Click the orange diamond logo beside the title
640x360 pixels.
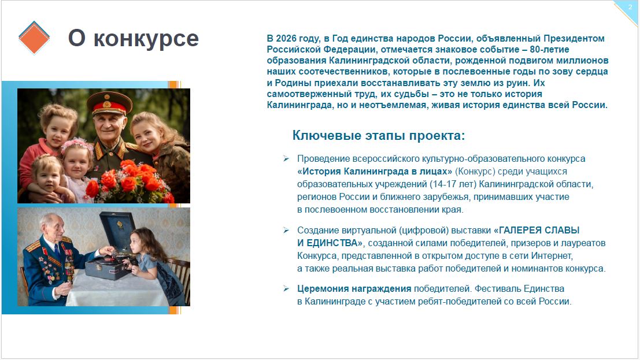[34, 38]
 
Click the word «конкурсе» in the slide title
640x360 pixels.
[146, 38]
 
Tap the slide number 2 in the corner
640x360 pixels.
[630, 7]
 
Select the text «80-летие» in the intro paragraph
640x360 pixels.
[549, 49]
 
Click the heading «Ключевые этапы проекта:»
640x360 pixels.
[378, 136]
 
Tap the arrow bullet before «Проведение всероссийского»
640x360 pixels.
[286, 158]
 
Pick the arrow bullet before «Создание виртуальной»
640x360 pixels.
[286, 230]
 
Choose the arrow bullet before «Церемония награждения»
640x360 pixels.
[286, 288]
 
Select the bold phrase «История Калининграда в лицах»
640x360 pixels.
[375, 171]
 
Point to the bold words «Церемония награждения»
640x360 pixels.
[354, 288]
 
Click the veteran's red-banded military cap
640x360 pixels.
[109, 102]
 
